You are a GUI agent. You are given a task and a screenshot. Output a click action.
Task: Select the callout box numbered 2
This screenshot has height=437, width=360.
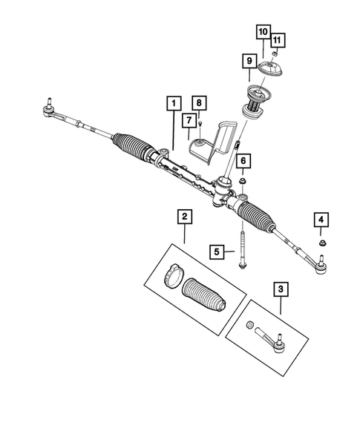click(x=183, y=217)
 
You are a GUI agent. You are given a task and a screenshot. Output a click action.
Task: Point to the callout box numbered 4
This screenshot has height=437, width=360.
click(x=321, y=220)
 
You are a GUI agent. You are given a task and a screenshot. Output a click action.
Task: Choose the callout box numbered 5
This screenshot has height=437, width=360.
click(x=217, y=252)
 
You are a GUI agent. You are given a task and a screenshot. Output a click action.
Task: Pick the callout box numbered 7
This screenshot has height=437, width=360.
click(x=190, y=119)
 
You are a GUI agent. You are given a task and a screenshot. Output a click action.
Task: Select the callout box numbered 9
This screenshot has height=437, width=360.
click(x=249, y=59)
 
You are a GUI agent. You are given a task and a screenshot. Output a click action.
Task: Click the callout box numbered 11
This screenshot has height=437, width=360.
click(x=275, y=39)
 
